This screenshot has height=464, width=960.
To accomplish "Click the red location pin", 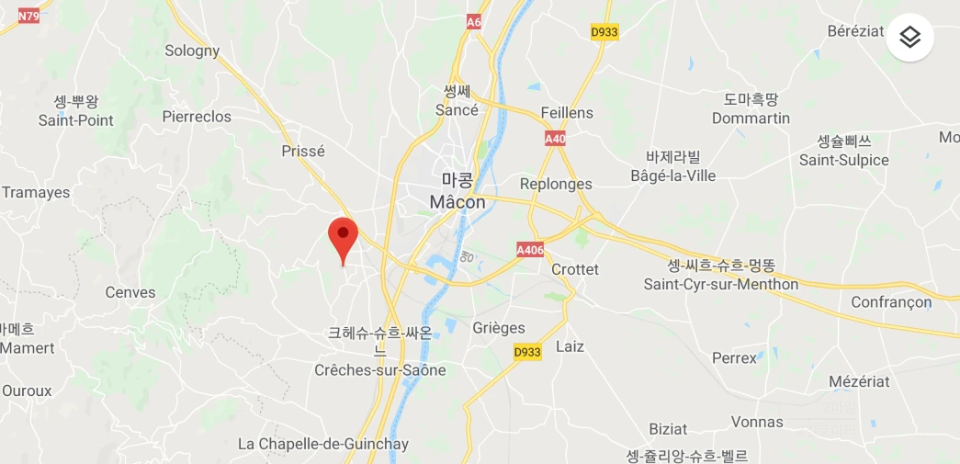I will (343, 237).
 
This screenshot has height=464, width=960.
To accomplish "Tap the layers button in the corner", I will (909, 37).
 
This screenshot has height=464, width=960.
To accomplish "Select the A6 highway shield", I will (474, 21).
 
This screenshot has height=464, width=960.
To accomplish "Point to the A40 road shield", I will (554, 139).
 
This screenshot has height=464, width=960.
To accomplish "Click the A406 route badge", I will (530, 249).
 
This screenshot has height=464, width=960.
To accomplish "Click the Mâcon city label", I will (457, 201).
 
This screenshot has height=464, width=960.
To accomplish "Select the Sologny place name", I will (192, 51).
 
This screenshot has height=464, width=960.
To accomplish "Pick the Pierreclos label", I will (197, 117).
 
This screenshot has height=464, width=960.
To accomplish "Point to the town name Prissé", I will (303, 151).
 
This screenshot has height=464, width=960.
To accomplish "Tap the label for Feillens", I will (567, 113).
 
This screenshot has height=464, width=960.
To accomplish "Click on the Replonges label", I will (556, 184).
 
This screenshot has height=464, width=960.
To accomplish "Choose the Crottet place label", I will (575, 269).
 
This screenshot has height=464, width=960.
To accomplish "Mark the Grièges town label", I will (499, 328).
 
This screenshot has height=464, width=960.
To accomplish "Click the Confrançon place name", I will (891, 302).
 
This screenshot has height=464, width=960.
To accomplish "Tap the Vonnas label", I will (758, 422).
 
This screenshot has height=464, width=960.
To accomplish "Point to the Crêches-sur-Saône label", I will (380, 370).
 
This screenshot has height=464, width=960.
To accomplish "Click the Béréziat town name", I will (855, 30).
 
